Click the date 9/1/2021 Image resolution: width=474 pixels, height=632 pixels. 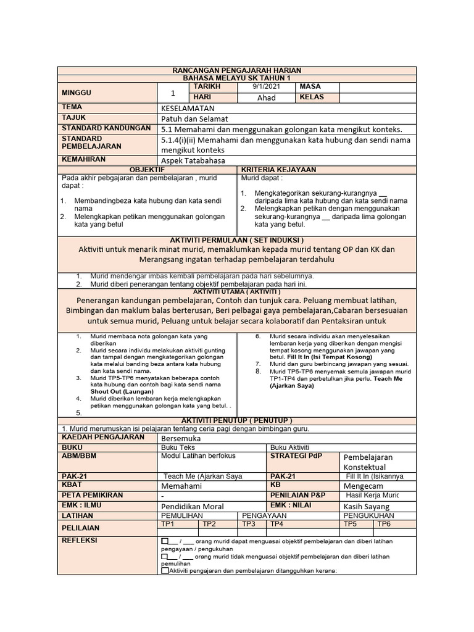point(266,87)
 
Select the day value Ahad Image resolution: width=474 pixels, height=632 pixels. point(266,98)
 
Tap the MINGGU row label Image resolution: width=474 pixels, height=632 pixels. point(77,93)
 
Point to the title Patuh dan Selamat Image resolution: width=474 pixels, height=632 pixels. point(194,118)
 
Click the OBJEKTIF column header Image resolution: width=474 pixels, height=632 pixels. point(146,169)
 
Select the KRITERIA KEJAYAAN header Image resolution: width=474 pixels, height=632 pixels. point(278,169)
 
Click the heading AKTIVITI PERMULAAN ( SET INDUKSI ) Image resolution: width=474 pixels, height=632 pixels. point(236,239)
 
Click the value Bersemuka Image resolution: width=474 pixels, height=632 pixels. point(181,438)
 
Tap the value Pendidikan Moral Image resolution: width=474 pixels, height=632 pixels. point(192,506)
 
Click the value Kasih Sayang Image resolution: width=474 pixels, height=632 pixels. point(367,506)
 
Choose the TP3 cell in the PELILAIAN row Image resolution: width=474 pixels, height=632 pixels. point(249,523)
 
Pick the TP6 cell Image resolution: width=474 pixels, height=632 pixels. point(384,523)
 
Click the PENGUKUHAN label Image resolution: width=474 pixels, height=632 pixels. point(368,515)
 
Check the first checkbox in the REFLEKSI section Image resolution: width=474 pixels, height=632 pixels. point(164,541)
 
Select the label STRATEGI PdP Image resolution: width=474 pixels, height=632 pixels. point(296,456)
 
